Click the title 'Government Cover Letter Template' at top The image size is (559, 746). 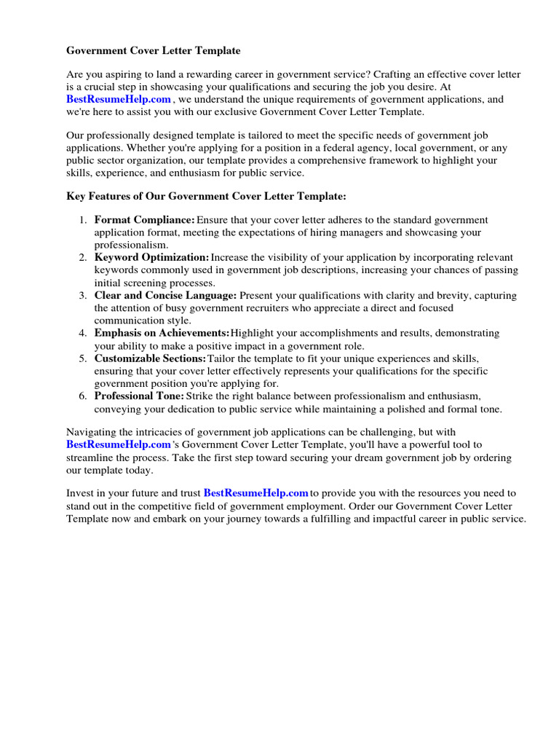[x=153, y=51]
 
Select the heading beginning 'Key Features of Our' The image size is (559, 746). [x=207, y=197]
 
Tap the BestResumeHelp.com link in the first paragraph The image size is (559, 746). [x=119, y=99]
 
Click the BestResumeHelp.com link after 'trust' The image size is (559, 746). [x=256, y=493]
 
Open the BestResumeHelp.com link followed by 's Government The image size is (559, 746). [x=119, y=444]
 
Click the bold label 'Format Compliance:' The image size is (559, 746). [x=144, y=220]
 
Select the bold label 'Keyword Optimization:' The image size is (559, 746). [x=151, y=257]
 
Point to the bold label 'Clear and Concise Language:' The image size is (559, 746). [x=165, y=295]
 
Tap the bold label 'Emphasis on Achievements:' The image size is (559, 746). [x=162, y=333]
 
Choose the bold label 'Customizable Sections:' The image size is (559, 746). [x=150, y=358]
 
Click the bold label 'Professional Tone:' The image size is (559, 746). [x=139, y=396]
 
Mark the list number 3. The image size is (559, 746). [x=83, y=295]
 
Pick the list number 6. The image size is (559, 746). [x=83, y=396]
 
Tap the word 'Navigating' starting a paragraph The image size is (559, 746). [x=91, y=431]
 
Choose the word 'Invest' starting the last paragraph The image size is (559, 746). [x=79, y=493]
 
